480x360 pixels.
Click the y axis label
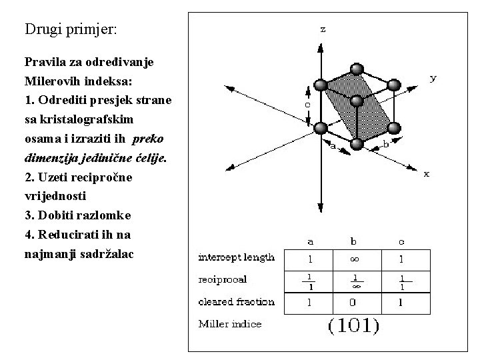point(433,78)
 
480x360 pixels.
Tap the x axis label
point(427,174)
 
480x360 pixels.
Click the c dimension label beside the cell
point(307,105)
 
